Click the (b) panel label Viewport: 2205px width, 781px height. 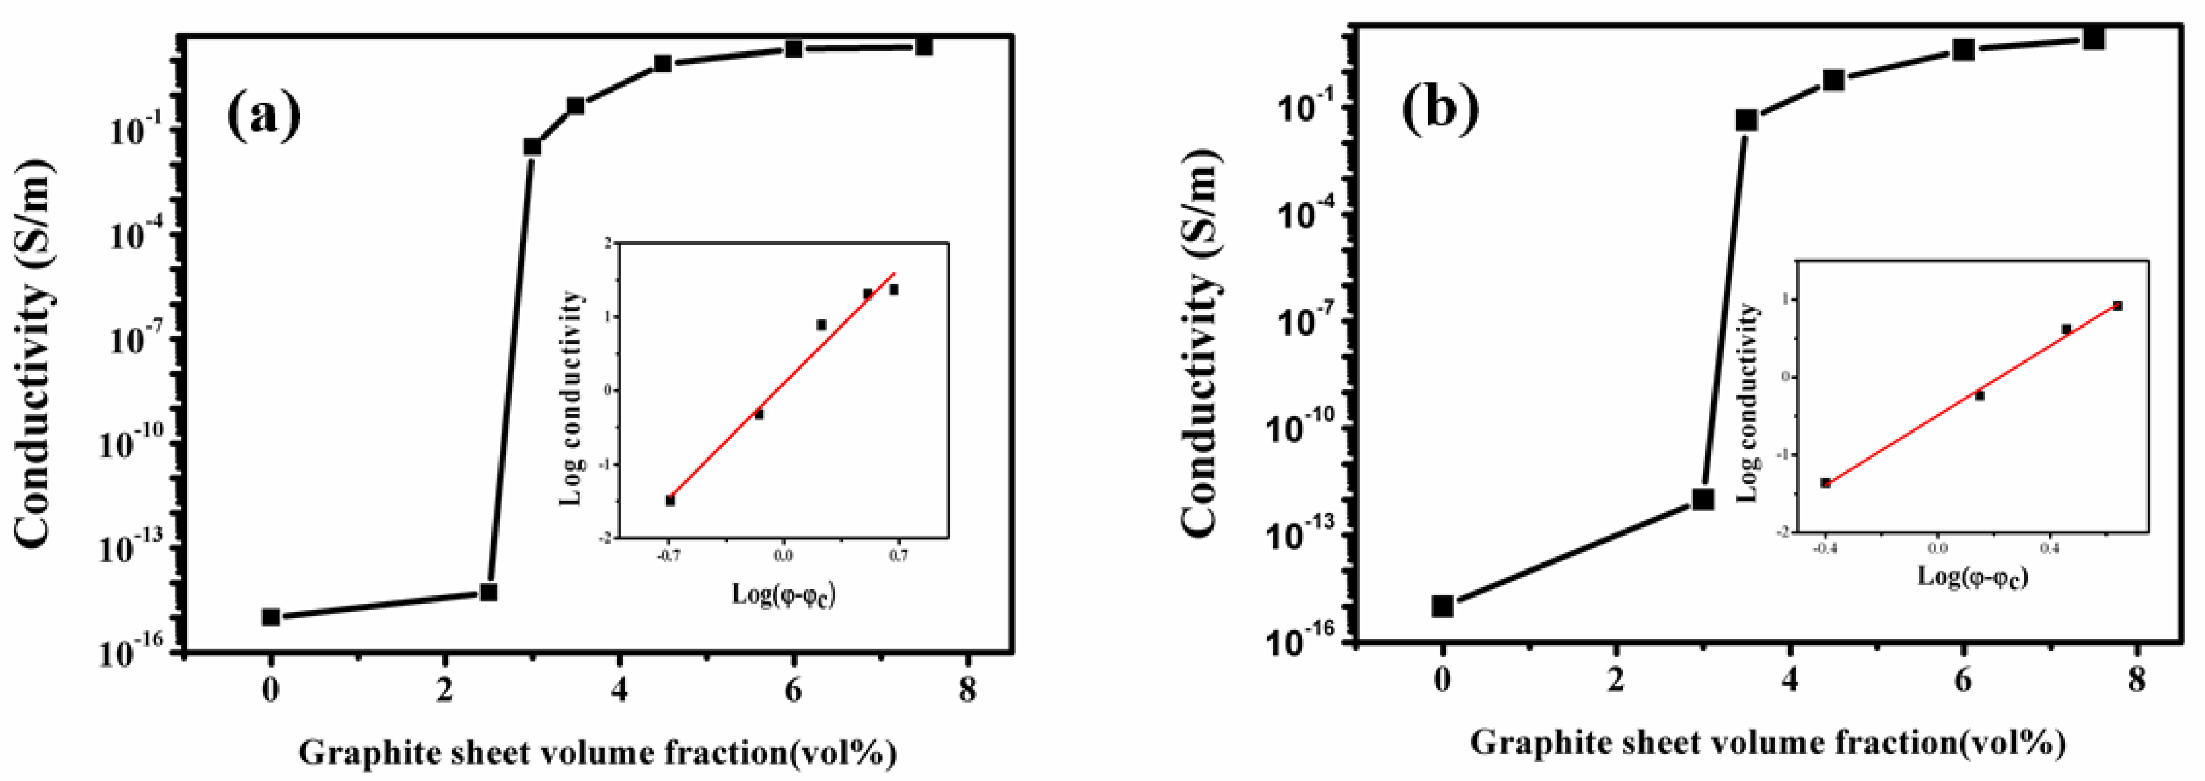click(1440, 109)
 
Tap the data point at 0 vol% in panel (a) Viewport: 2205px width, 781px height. click(270, 617)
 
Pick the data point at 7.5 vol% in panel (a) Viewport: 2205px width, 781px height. click(924, 46)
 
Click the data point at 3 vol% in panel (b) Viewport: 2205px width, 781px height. click(1703, 498)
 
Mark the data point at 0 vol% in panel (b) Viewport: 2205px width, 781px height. click(1442, 606)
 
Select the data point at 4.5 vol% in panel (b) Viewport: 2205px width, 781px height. click(1832, 79)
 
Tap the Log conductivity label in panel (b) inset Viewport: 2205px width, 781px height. click(1750, 401)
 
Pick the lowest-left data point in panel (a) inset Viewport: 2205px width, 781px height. click(670, 500)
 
